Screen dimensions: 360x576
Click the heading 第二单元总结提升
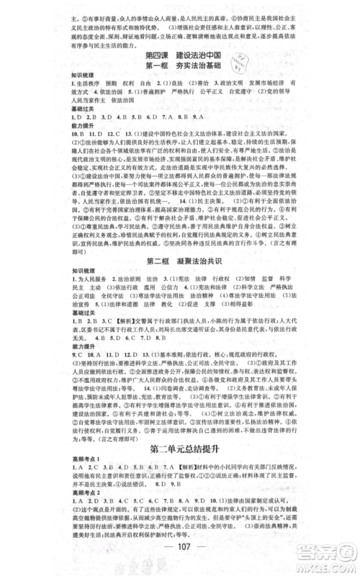(x=180, y=446)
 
